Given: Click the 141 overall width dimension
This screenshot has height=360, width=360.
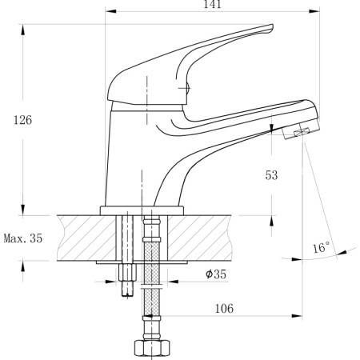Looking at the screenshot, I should coord(211,6).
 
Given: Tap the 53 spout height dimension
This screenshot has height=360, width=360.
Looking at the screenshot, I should coord(271,175).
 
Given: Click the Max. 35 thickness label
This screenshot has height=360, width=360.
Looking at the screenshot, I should coord(22,238).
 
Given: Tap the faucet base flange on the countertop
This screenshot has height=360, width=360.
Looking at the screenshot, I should coord(142,210).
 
